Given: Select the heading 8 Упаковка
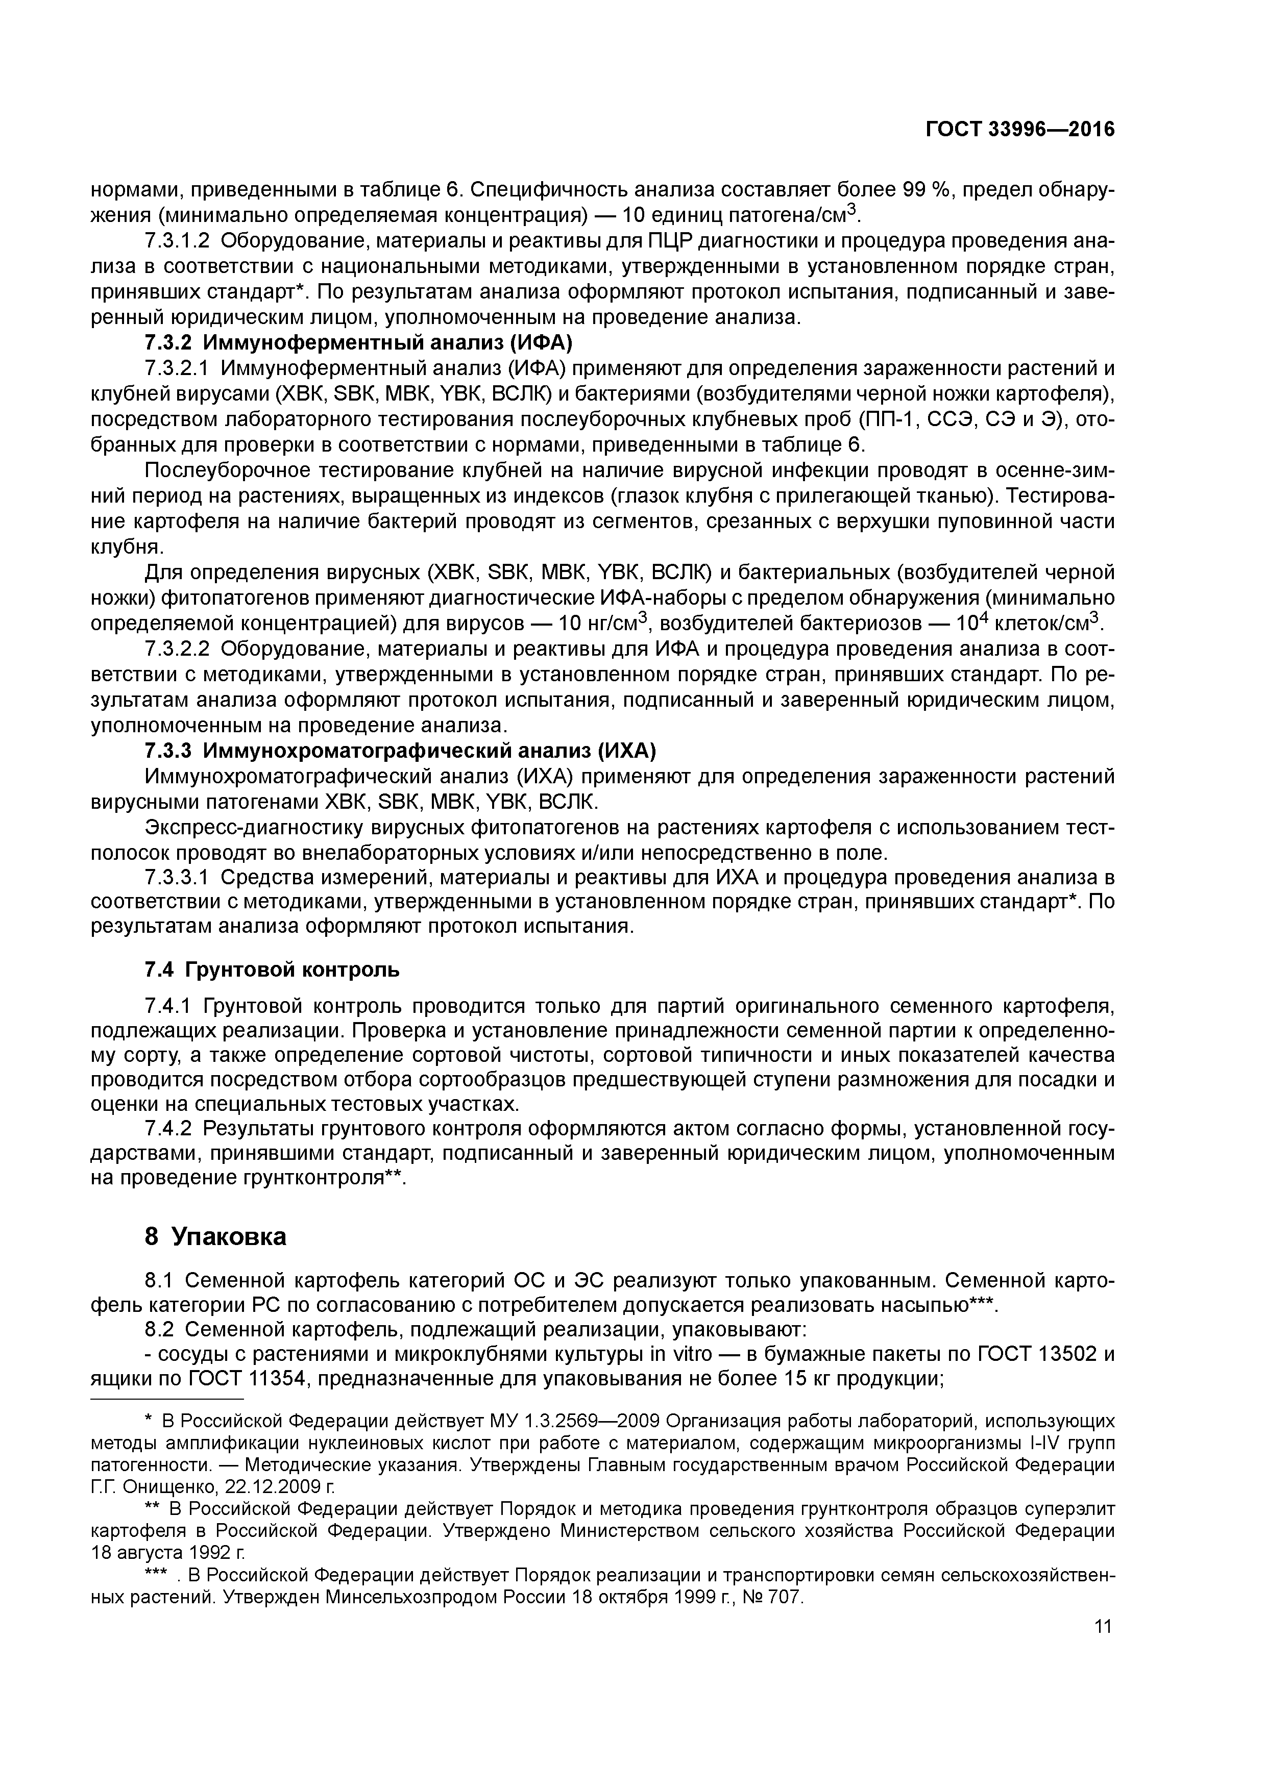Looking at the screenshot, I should pyautogui.click(x=216, y=1236).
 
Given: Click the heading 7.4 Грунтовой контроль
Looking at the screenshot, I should pyautogui.click(x=272, y=970).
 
